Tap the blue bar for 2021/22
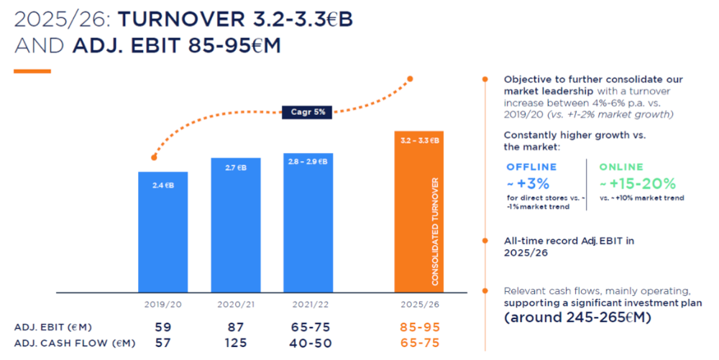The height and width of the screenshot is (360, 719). tap(308, 223)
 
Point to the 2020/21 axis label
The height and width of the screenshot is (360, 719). tap(236, 304)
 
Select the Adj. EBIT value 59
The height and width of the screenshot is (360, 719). tap(163, 328)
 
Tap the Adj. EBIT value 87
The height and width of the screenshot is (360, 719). tap(236, 328)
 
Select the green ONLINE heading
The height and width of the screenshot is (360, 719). tap(623, 167)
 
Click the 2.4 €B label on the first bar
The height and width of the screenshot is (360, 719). tap(162, 185)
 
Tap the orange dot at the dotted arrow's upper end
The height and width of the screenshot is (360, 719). tap(411, 78)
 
